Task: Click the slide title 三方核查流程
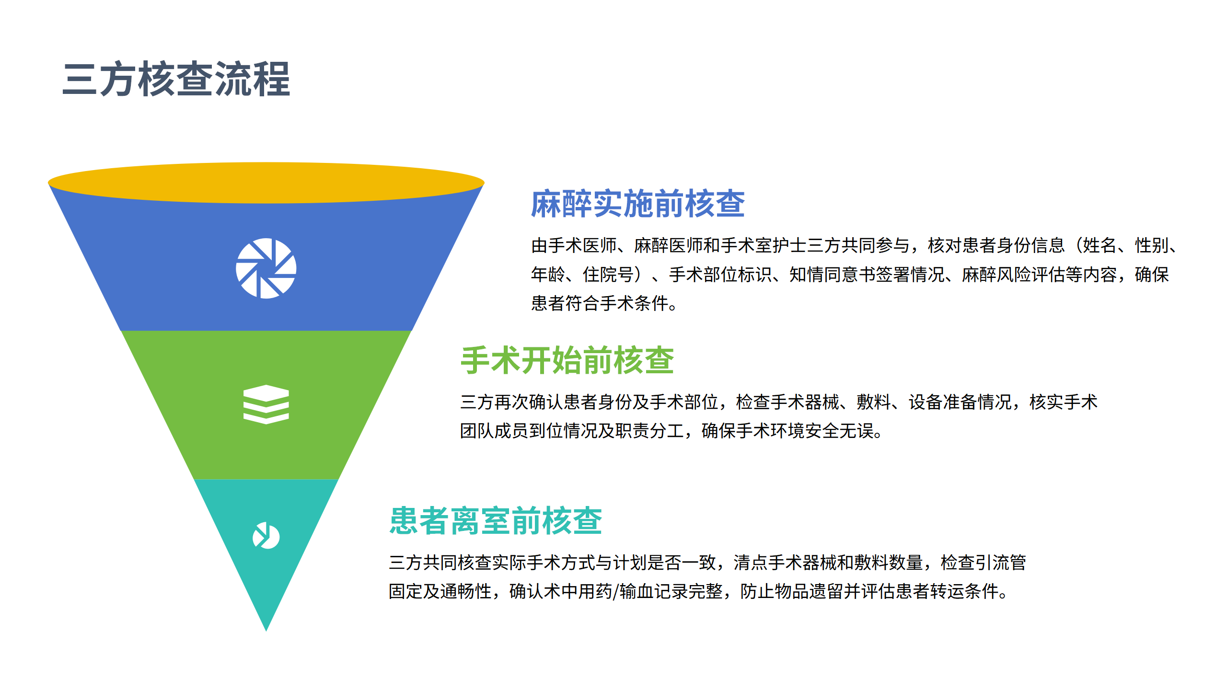(176, 79)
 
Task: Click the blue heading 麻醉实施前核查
(637, 204)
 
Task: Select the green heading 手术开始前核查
(567, 360)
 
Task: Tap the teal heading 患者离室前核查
(496, 521)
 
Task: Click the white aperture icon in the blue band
(266, 268)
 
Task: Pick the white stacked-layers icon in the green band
(266, 404)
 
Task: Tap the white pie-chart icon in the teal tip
(266, 536)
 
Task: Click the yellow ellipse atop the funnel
(266, 183)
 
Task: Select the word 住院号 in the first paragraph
(608, 275)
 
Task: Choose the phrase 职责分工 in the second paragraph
(649, 431)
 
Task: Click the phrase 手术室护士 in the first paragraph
(764, 245)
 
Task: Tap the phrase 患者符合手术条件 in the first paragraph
(600, 303)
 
